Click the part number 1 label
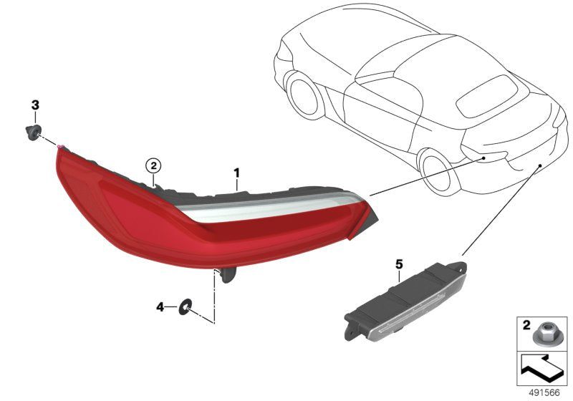[236, 173]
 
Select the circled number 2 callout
[153, 166]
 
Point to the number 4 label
[160, 307]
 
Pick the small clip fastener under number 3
[31, 131]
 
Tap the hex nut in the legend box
[544, 332]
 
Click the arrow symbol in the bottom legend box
[542, 369]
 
